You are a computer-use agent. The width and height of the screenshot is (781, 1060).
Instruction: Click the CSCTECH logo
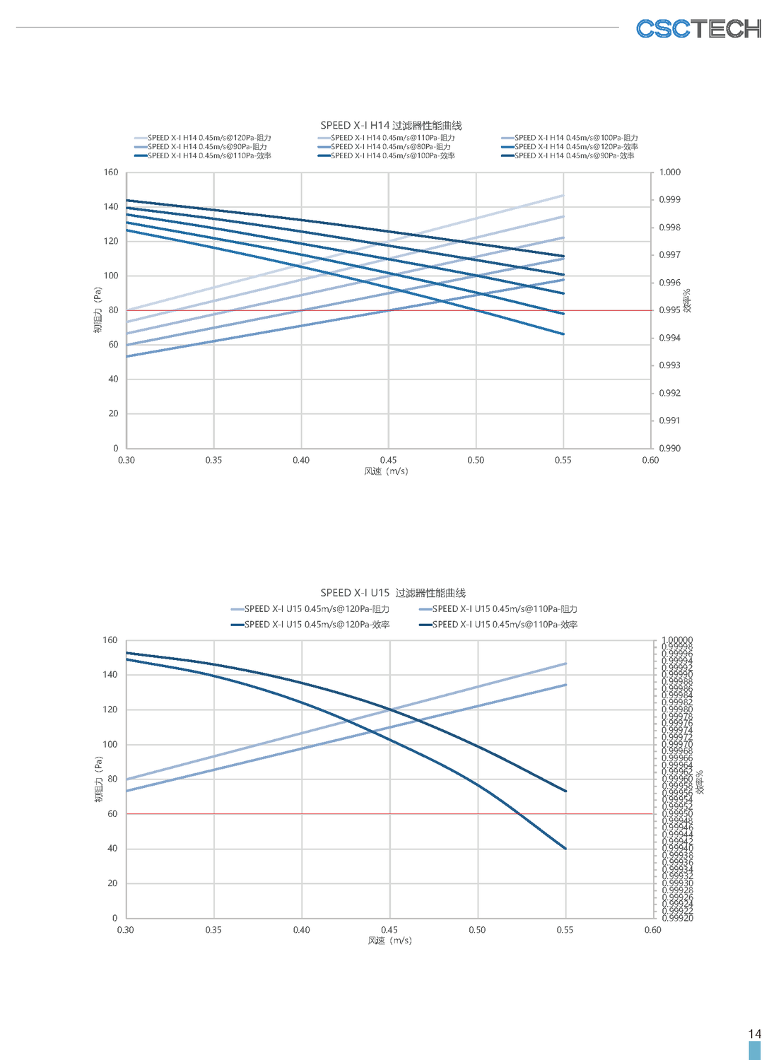pyautogui.click(x=698, y=29)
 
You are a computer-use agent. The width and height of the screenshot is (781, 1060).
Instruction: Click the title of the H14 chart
pyautogui.click(x=391, y=125)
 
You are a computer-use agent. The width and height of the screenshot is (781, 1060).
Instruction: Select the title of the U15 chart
pyautogui.click(x=393, y=593)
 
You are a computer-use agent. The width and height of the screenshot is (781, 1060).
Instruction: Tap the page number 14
pyautogui.click(x=754, y=1034)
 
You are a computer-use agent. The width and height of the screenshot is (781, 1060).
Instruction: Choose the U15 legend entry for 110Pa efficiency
pyautogui.click(x=505, y=625)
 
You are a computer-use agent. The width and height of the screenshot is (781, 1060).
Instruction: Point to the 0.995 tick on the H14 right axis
pyautogui.click(x=669, y=310)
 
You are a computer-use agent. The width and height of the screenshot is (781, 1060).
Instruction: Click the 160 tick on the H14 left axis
pyautogui.click(x=111, y=172)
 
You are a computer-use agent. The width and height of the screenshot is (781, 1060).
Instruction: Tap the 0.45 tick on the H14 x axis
pyautogui.click(x=388, y=460)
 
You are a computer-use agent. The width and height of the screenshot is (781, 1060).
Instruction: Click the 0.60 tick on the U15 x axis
pyautogui.click(x=652, y=930)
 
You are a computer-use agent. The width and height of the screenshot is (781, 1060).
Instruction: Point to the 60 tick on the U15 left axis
pyautogui.click(x=112, y=814)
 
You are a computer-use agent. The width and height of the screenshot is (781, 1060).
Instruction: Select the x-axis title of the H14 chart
pyautogui.click(x=386, y=471)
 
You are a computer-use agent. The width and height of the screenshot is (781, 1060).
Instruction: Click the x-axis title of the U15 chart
pyautogui.click(x=389, y=941)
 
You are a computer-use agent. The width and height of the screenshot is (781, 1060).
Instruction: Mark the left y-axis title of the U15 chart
pyautogui.click(x=98, y=779)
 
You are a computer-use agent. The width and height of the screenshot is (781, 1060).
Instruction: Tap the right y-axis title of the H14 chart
pyautogui.click(x=687, y=300)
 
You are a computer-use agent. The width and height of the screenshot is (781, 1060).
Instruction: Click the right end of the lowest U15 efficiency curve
pyautogui.click(x=565, y=848)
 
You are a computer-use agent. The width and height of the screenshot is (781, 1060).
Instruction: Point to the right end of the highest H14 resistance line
pyautogui.click(x=563, y=195)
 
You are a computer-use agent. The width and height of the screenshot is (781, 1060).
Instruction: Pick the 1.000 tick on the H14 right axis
pyautogui.click(x=669, y=172)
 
